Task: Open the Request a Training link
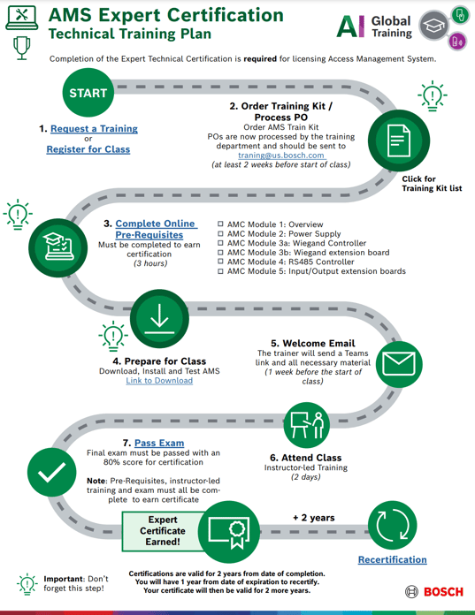tap(93, 129)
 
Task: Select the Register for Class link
tap(88, 149)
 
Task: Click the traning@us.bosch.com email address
tap(281, 155)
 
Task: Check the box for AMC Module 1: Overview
tap(220, 224)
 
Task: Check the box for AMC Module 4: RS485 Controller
tap(220, 262)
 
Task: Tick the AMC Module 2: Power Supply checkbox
tap(220, 234)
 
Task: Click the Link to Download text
tap(159, 381)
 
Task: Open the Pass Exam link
tap(159, 443)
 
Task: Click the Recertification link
tap(392, 559)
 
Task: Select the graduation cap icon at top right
tap(433, 27)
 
